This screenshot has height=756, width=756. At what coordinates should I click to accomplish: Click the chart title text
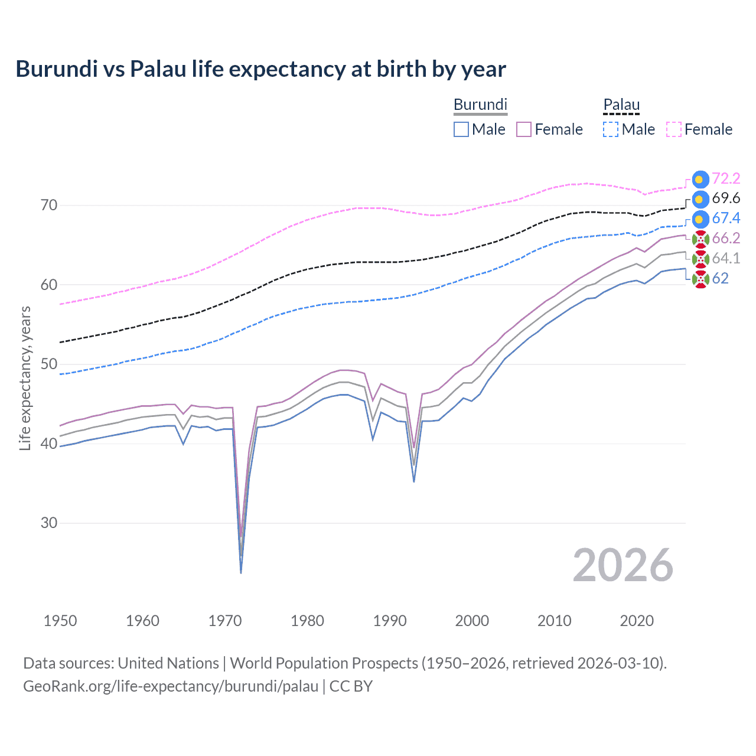click(260, 69)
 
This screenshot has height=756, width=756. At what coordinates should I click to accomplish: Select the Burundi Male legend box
click(461, 129)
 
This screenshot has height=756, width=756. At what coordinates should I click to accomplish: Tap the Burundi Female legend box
click(524, 129)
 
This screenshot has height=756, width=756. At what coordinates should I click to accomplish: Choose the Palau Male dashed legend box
click(611, 129)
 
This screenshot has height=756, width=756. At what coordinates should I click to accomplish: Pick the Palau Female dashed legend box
click(674, 129)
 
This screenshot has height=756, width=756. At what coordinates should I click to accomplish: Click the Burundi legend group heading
click(480, 105)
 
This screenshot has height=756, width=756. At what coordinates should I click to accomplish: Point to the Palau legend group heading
click(621, 105)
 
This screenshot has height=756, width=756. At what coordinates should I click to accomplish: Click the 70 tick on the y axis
click(49, 206)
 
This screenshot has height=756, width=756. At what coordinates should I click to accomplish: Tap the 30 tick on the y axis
click(49, 523)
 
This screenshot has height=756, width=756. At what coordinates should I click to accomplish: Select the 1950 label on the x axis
click(60, 621)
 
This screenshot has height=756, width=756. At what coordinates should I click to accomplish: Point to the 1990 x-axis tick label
click(390, 621)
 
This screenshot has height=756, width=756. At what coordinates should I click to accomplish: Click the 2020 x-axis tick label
click(637, 621)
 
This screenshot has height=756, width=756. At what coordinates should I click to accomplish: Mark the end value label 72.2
click(726, 178)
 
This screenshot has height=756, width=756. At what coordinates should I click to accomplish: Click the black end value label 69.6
click(726, 198)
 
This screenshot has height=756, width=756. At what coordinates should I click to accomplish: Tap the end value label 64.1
click(726, 258)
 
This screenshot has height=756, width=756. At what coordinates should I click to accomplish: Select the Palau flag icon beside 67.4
click(700, 219)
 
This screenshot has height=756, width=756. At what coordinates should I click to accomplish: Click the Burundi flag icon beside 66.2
click(700, 239)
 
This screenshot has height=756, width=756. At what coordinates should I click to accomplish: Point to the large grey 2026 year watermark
click(623, 566)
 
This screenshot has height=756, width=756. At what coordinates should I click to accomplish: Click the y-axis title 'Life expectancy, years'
click(25, 378)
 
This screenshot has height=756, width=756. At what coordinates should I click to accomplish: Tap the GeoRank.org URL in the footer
click(171, 686)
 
